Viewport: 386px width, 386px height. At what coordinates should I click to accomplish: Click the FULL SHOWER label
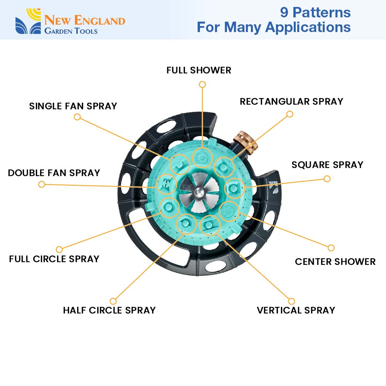[x=199, y=70]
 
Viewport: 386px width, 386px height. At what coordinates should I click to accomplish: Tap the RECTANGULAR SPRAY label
[x=291, y=102]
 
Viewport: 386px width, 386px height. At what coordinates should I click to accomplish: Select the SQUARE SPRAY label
[x=327, y=165]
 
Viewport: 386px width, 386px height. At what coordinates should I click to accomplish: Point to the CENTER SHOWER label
[x=335, y=262]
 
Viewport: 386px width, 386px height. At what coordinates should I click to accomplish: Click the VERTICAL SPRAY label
[x=296, y=310]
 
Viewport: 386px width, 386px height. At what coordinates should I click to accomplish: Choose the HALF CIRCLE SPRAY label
[x=109, y=310]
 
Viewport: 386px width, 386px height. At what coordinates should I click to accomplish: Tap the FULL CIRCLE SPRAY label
[x=54, y=259]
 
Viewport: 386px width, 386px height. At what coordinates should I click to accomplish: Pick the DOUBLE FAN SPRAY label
[x=54, y=173]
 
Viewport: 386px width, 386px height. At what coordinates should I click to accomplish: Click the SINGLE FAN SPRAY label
[x=73, y=106]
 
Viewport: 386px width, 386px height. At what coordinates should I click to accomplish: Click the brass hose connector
[x=245, y=141]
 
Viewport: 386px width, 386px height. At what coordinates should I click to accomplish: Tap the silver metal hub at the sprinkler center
[x=199, y=191]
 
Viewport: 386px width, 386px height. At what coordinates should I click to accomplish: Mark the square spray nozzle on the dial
[x=234, y=188]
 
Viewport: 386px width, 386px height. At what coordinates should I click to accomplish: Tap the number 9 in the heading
[x=284, y=12]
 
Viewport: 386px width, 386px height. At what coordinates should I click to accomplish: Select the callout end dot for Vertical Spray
[x=291, y=301]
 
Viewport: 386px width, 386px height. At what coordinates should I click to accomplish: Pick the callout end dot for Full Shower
[x=202, y=84]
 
